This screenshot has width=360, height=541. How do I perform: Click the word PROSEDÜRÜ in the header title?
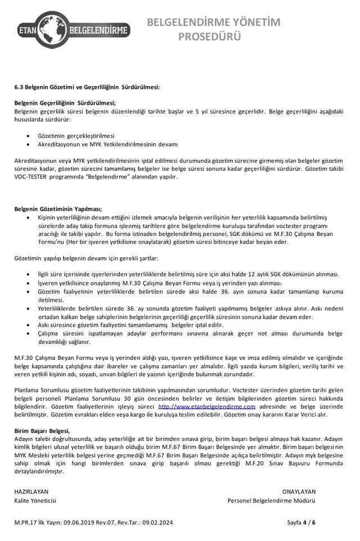(x=209, y=37)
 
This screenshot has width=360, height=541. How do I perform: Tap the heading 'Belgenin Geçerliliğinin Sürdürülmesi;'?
(x=65, y=103)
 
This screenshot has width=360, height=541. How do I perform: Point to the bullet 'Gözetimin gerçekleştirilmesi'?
(x=76, y=136)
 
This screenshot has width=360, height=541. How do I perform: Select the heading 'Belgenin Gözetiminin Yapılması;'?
(x=58, y=209)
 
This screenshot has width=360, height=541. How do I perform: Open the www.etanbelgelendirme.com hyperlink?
(x=207, y=406)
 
